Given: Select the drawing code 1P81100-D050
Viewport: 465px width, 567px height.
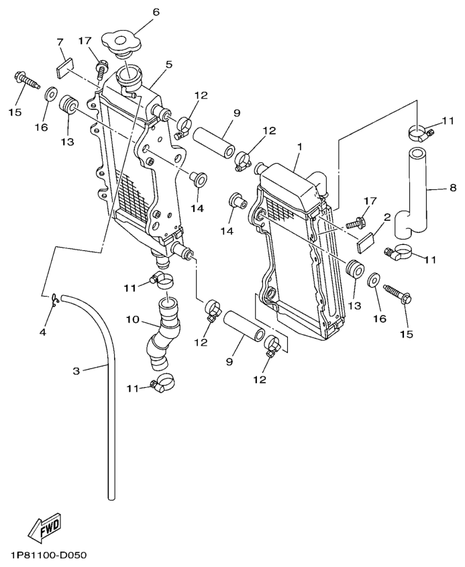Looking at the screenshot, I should (48, 556).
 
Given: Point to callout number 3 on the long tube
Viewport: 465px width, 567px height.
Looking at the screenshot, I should (76, 370).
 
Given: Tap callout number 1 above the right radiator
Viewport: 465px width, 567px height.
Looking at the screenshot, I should (300, 146).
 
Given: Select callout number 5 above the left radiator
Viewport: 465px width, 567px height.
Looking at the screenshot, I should (169, 64).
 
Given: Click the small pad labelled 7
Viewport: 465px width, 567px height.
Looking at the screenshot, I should (62, 68).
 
